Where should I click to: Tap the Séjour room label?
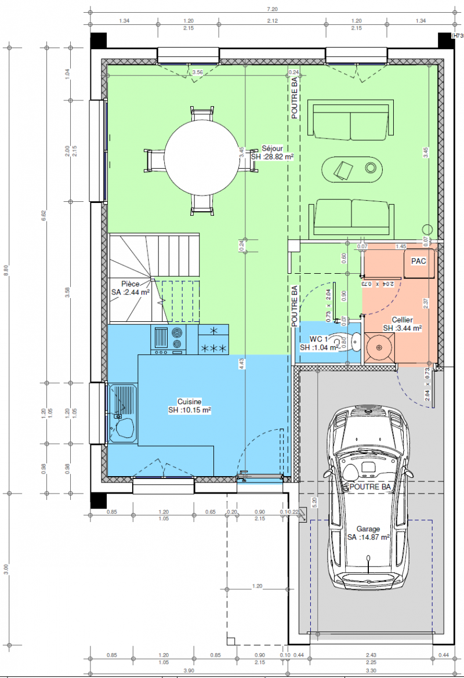271,153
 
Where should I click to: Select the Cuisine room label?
189,405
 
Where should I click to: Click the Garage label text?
368,533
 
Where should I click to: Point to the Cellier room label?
402,324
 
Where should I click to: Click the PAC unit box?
419,262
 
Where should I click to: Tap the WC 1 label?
318,343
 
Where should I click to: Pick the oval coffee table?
353,169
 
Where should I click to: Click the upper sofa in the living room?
350,122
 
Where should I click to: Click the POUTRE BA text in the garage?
370,487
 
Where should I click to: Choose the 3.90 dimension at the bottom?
189,670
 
